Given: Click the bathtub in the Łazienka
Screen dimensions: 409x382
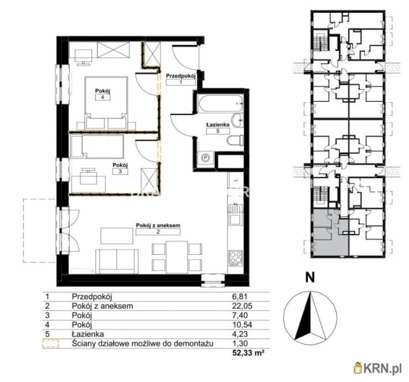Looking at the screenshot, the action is coord(221,104).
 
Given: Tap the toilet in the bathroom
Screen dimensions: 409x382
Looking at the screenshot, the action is coord(235,140).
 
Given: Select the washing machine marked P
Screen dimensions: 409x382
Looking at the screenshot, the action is coord(206,158).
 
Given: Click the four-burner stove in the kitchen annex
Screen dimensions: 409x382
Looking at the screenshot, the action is coord(235,258).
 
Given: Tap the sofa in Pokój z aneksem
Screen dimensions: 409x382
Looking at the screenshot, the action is coord(117,261).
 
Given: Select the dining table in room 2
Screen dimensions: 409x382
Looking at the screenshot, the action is coord(177,257).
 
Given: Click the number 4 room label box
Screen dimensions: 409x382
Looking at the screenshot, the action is coord(102,97).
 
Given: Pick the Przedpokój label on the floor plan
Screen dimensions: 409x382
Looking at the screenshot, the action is coord(181,76).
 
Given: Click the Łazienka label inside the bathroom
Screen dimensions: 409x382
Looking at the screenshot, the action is coord(218,125).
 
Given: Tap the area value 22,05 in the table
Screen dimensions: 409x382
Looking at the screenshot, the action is coord(242,306).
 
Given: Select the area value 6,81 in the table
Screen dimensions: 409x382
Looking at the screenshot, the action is coord(240,296).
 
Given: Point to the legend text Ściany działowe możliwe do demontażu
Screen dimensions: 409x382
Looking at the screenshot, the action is coord(143,343).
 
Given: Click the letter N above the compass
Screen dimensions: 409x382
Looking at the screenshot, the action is coord(310,277).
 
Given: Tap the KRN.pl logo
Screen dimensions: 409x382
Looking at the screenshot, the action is coord(377,368).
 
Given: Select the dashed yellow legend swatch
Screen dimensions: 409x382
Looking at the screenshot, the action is coord(51,344).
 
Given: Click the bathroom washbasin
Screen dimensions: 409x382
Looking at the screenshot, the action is coord(237,121).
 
